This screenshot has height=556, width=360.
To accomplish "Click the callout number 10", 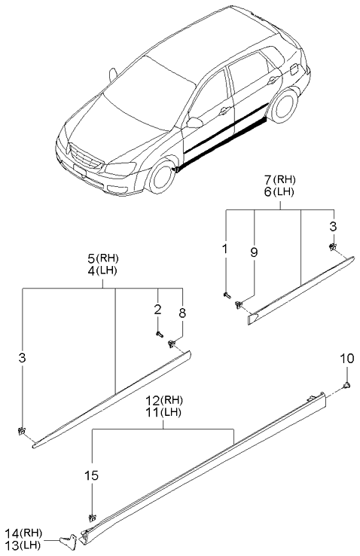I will (346, 359).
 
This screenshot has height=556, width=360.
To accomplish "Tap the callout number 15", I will (92, 475).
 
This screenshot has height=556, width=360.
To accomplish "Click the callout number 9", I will (254, 252).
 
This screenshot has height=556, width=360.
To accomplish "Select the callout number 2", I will (157, 309).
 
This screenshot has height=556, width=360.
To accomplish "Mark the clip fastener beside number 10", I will (346, 386).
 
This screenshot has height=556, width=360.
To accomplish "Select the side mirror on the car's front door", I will (194, 122).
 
